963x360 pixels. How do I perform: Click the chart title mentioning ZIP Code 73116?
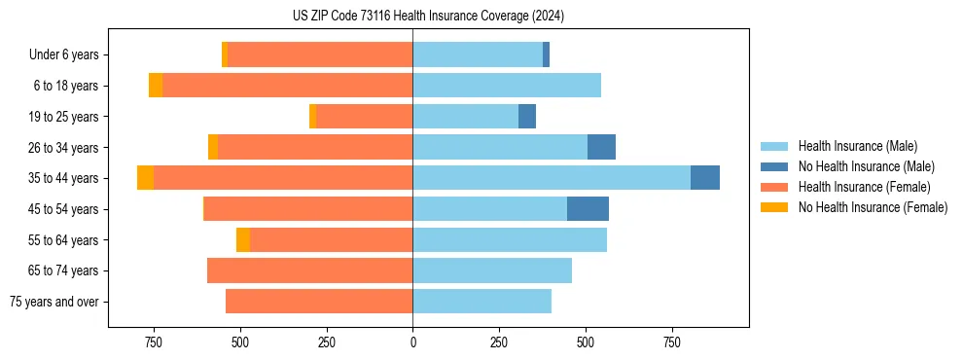[428, 16]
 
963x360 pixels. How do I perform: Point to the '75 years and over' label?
[53, 302]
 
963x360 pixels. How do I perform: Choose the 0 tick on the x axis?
[412, 342]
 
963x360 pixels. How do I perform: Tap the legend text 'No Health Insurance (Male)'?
[866, 166]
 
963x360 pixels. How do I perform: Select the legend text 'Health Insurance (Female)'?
[864, 187]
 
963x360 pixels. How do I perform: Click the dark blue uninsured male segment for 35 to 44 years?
[705, 178]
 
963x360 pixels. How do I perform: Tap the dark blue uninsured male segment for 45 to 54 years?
[588, 209]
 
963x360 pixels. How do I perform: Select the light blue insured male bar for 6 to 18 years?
[507, 86]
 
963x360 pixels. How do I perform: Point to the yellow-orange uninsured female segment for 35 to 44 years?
[145, 178]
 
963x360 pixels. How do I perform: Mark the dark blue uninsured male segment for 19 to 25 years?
[527, 117]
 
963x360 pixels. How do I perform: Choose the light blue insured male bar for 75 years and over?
[481, 302]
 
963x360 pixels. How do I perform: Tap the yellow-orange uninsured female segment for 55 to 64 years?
[243, 240]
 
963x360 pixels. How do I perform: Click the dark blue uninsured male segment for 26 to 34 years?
[601, 147]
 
